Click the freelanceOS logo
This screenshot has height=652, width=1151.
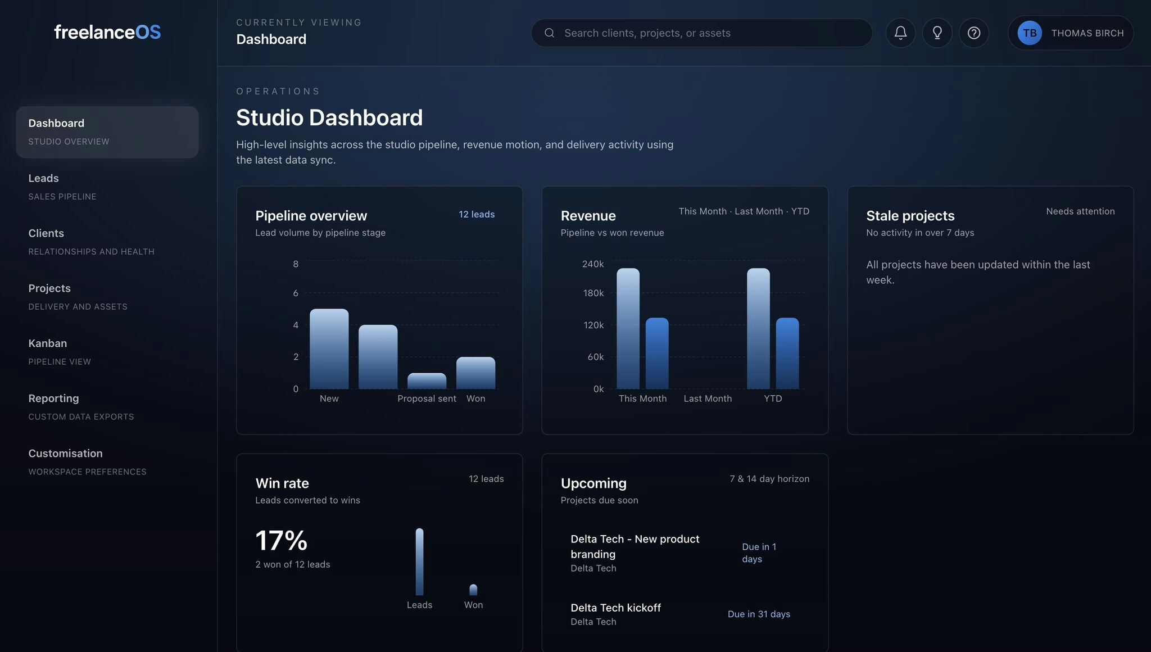point(107,32)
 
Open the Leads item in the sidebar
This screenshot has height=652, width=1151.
point(44,178)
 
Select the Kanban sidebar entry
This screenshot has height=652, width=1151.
point(48,343)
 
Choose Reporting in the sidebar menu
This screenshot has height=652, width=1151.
point(54,399)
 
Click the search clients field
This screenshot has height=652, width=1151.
point(703,33)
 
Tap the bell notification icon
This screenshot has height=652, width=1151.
point(900,33)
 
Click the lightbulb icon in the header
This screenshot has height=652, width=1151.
point(937,33)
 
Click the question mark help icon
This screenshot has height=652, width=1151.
point(974,33)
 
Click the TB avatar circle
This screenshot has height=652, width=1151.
point(1030,33)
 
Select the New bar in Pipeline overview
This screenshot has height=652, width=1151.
point(329,350)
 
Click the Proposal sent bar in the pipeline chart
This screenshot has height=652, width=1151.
point(427,381)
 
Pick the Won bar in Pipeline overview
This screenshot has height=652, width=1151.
point(475,373)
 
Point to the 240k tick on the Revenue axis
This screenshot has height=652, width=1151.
point(593,264)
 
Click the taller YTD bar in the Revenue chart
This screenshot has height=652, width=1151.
point(758,329)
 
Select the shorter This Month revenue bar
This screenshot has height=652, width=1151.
point(657,354)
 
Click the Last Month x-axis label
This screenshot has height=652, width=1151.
point(708,399)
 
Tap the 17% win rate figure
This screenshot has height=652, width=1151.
point(282,541)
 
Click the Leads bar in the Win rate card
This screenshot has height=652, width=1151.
point(419,562)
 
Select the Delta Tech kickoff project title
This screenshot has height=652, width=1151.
point(615,608)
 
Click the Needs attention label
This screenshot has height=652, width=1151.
point(1080,211)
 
